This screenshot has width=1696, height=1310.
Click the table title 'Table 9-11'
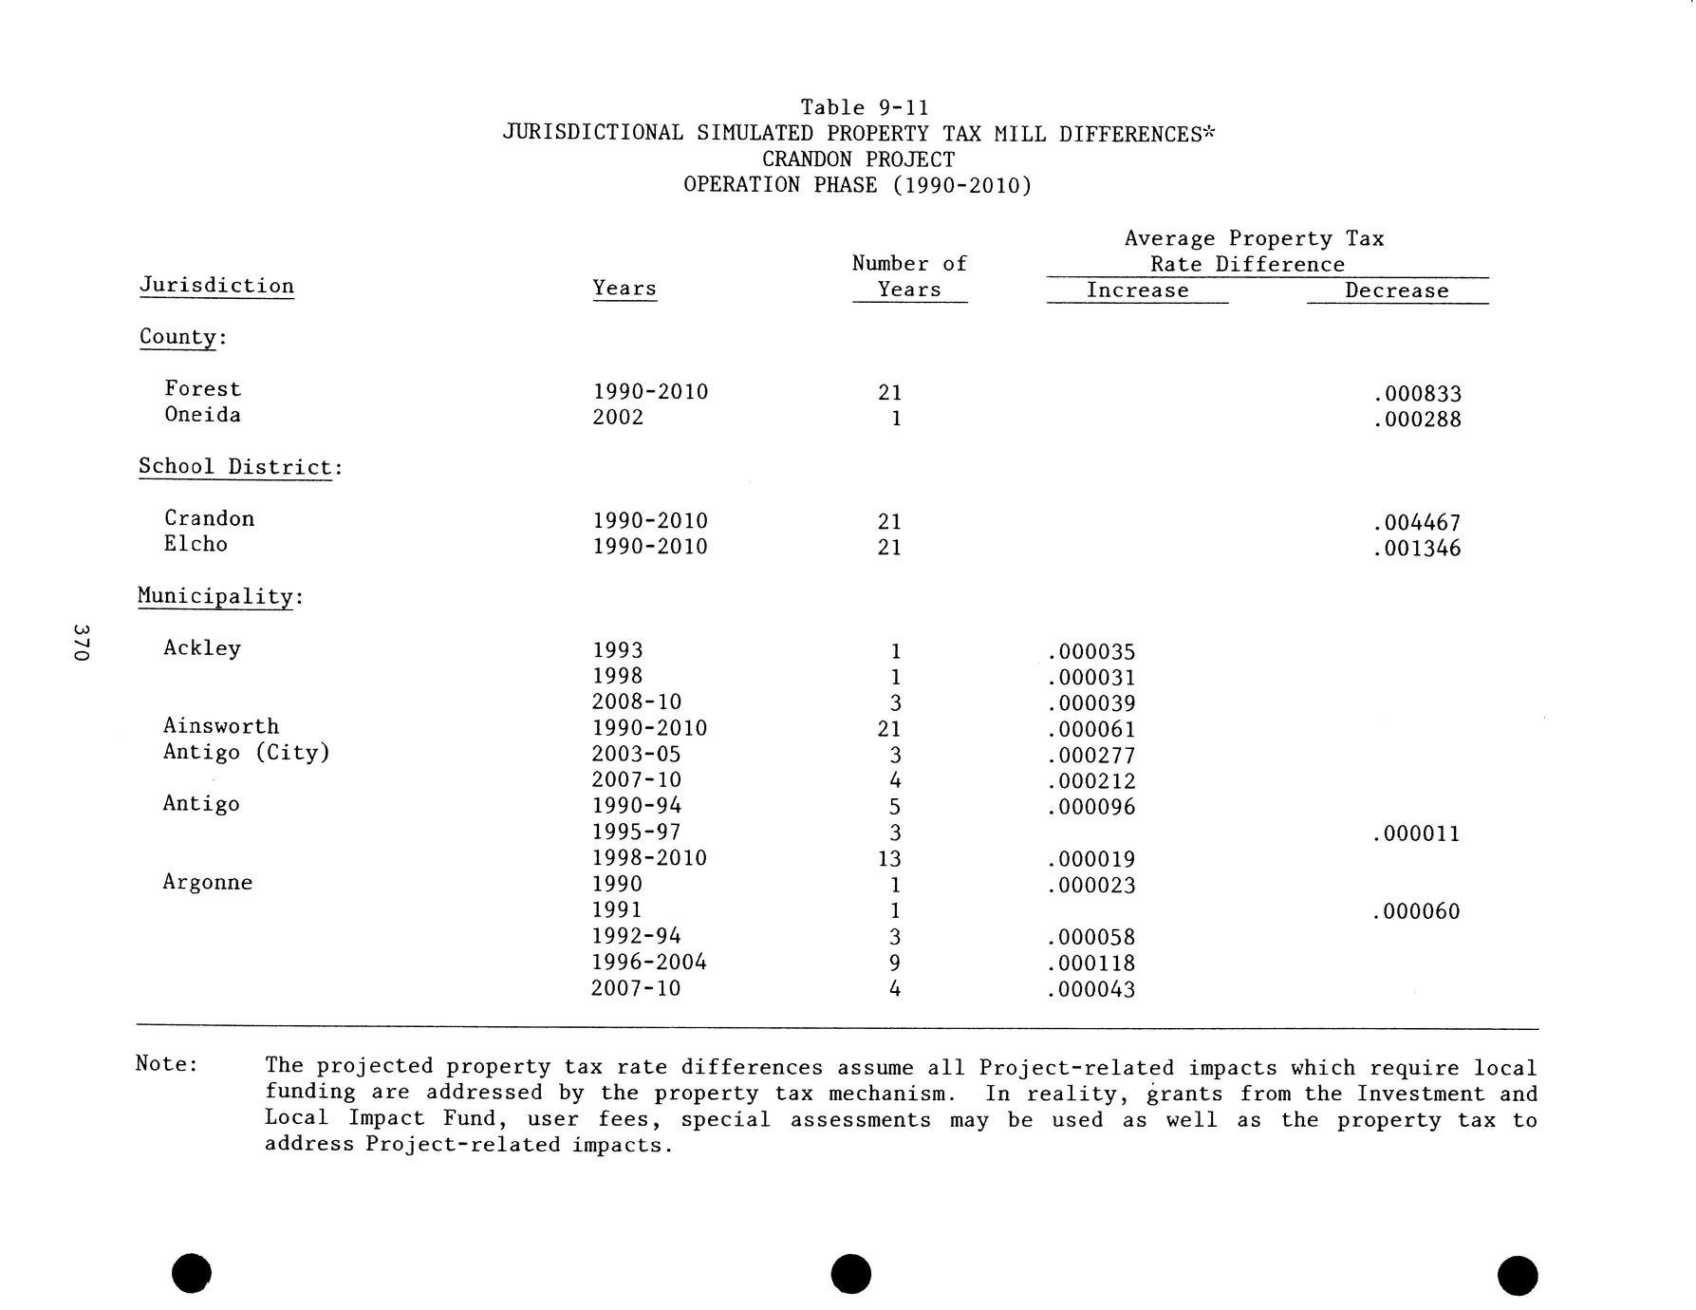[x=864, y=107]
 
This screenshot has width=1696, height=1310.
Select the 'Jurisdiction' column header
[x=216, y=286]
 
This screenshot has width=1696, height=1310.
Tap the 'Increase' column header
[x=1137, y=290]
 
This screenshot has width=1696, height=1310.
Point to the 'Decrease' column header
[x=1396, y=290]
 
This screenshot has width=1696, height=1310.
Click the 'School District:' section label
[x=239, y=467]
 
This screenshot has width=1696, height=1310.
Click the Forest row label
[x=202, y=389]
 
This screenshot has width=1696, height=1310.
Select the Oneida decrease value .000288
[x=1416, y=420]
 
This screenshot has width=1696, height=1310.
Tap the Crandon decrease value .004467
[x=1416, y=523]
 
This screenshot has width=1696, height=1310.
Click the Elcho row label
[x=196, y=544]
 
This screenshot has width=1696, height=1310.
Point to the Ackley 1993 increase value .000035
[x=1091, y=652]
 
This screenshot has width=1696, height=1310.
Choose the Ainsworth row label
[x=221, y=726]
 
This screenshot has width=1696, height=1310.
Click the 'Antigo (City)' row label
[x=246, y=753]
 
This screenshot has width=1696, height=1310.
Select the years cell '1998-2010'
[x=649, y=858]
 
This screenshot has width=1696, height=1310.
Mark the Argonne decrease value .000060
[x=1416, y=912]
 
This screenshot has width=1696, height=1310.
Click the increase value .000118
[x=1091, y=964]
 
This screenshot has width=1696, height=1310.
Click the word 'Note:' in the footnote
[x=167, y=1063]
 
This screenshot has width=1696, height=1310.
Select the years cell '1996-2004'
[x=649, y=963]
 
